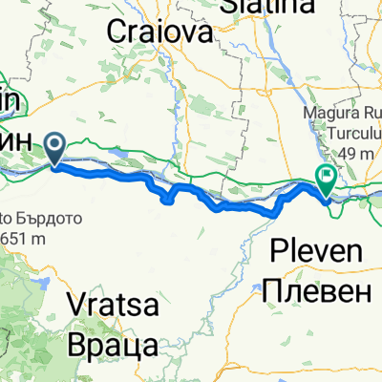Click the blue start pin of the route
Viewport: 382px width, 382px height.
54,148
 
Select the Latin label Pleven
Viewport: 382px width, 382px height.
316,253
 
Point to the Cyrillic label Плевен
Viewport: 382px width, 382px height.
316,288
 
